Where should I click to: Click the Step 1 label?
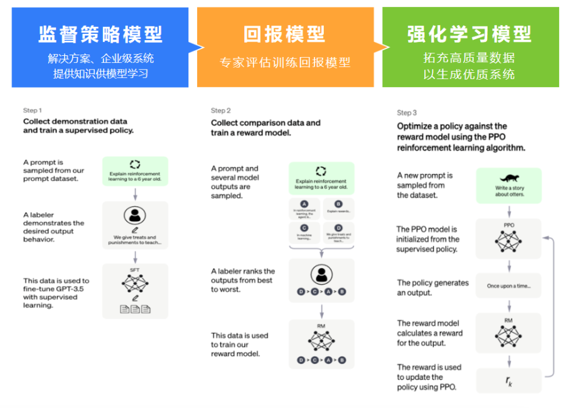tap(33, 110)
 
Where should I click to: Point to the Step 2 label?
tap(221, 110)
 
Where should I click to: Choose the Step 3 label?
tap(407, 113)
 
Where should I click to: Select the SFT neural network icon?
tap(135, 284)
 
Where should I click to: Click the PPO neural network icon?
tap(508, 242)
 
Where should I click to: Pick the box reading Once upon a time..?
tap(508, 286)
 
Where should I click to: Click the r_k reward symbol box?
tap(508, 380)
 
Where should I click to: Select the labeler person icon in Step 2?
tap(321, 274)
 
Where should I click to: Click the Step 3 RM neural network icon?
tap(508, 336)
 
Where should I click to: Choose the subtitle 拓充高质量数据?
tap(469, 58)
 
